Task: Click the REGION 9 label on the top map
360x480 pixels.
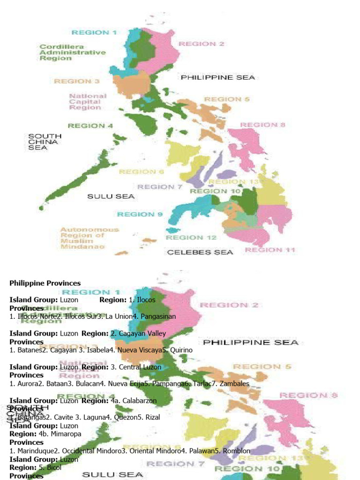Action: tap(140, 214)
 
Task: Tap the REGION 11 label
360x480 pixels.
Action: tap(270, 250)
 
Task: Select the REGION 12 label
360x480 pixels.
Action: tap(191, 238)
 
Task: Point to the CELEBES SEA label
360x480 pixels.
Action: tap(200, 252)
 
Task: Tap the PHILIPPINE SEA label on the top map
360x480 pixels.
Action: tap(218, 77)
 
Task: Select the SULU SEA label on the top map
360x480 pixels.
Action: tap(111, 196)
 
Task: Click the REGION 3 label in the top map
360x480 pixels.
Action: tap(77, 81)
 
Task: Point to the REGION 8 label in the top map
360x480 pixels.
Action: tap(262, 125)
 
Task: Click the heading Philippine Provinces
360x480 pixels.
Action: tap(45, 283)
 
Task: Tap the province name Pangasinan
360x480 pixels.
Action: tap(157, 316)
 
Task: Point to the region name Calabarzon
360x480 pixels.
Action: tap(140, 401)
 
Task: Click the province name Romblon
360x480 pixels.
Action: tap(235, 451)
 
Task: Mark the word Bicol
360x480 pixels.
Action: tap(54, 468)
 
